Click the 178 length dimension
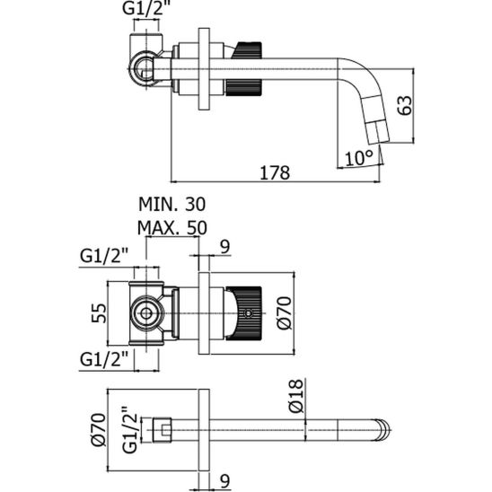275,173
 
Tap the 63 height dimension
405,105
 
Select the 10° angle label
359,158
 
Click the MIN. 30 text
172,205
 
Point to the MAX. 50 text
172,228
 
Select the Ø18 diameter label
296,396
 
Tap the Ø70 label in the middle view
285,312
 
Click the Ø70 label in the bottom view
99,429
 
